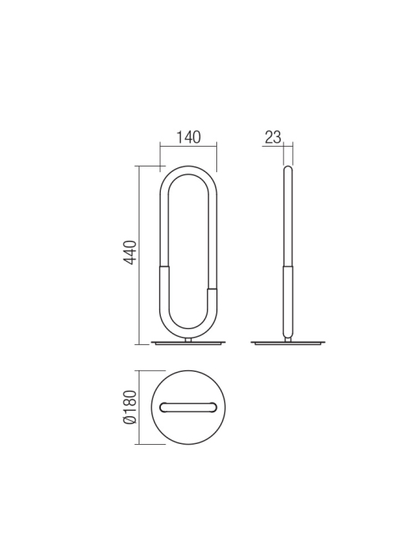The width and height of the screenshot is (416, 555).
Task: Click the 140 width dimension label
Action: (188, 137)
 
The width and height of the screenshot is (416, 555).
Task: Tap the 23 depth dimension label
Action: (273, 137)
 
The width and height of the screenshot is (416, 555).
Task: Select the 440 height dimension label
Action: (131, 252)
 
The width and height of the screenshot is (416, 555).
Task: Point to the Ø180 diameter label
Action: (131, 407)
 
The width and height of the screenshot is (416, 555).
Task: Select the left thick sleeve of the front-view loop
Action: (164, 293)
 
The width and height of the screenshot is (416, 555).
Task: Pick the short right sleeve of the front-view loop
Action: (212, 305)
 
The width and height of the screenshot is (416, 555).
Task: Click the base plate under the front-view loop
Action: (188, 343)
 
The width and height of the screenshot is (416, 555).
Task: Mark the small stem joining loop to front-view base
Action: (188, 339)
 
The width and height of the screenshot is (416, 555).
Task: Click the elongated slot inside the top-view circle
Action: (188, 408)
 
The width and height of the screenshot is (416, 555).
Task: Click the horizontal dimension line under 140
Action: (188, 147)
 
